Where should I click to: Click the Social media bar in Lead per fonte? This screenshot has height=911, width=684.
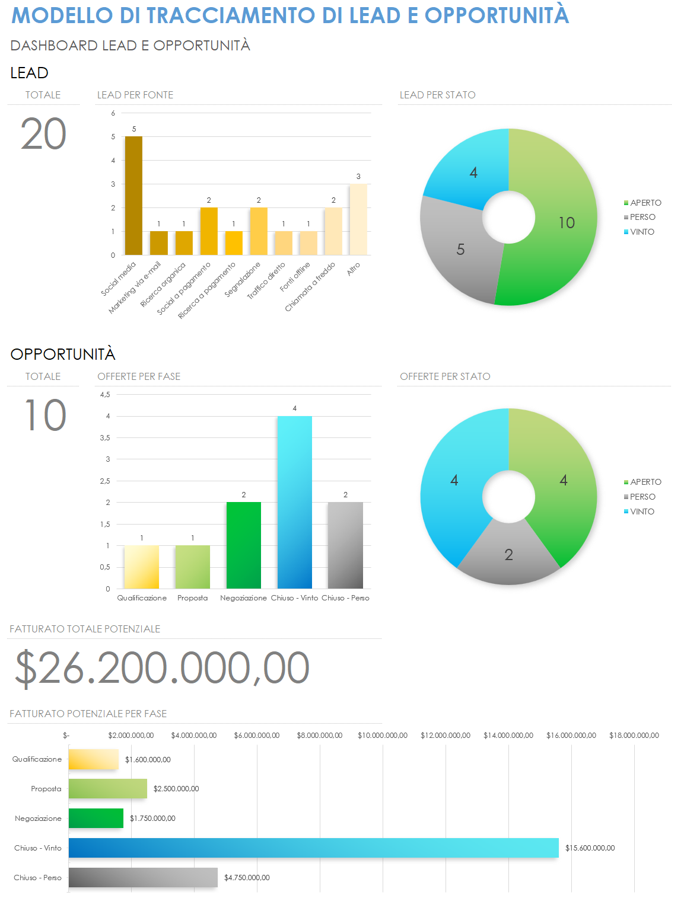(x=133, y=196)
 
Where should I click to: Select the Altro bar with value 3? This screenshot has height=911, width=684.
(x=358, y=219)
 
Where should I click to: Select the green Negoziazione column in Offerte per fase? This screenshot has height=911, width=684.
(x=243, y=545)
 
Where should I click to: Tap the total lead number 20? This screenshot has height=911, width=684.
(x=43, y=134)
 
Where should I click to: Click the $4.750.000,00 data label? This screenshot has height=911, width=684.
(x=247, y=878)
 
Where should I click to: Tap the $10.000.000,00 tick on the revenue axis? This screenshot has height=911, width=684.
(x=383, y=736)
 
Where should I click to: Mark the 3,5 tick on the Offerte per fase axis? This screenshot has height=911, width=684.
(x=105, y=438)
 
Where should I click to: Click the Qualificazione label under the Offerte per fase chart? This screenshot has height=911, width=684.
(x=142, y=598)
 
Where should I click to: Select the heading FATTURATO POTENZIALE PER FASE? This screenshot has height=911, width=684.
(x=88, y=714)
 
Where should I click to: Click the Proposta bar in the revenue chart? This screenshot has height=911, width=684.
(x=107, y=788)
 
